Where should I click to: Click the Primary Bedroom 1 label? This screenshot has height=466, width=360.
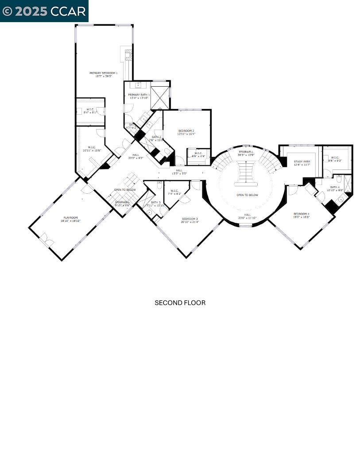pos(103,73)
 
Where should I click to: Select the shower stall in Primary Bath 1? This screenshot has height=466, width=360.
pos(160,95)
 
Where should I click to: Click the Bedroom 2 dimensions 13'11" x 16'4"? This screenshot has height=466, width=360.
pos(186,134)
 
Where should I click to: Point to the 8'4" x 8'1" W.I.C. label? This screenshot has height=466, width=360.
pos(90,111)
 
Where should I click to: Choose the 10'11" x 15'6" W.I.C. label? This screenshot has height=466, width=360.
pos(92,149)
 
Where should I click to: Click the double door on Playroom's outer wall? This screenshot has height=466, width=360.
pos(46,241)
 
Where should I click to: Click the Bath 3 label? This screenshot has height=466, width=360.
pos(155,202)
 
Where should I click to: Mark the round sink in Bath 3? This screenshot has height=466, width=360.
pos(150,212)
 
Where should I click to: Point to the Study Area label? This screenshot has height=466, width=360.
pos(302,162)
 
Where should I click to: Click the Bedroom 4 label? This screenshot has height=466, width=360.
pos(301,214)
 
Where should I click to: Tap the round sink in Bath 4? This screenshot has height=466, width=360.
pos(341,200)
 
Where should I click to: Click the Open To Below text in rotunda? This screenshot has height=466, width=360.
pos(247,195)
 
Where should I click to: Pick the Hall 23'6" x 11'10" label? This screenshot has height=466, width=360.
pos(247,216)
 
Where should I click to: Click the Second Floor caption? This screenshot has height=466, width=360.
pos(180,303)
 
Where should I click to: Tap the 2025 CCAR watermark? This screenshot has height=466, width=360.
pos(44,11)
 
